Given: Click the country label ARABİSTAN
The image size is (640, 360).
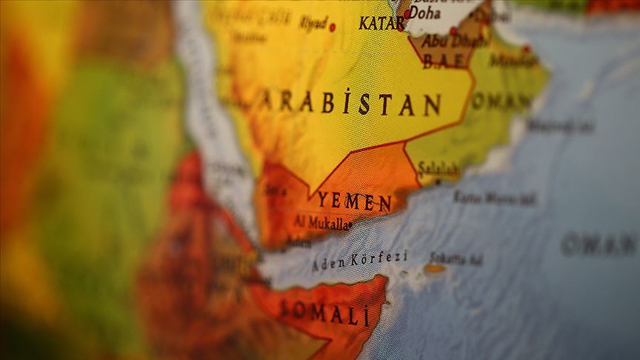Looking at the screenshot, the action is click(x=350, y=102).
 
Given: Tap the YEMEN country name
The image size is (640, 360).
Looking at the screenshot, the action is click(x=355, y=201).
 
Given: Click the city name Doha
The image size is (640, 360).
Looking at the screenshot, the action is click(x=424, y=13).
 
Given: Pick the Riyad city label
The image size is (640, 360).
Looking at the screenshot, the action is click(x=313, y=23).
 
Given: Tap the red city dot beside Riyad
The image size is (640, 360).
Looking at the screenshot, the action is click(x=332, y=27).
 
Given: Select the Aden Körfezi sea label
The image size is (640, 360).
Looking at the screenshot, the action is click(x=359, y=260).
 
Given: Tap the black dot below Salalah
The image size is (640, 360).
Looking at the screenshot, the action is click(x=438, y=181).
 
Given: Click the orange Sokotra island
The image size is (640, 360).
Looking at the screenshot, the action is click(x=436, y=269).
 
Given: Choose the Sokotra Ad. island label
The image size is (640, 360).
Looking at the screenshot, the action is click(x=456, y=259).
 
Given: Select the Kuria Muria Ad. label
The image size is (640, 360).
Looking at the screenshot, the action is click(x=495, y=198).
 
